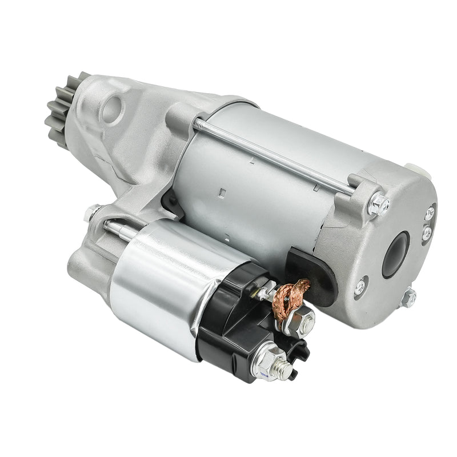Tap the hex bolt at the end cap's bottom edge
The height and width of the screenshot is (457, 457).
(408, 298)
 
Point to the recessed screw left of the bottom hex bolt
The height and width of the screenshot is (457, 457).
(360, 287)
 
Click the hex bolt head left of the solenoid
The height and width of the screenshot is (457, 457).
(91, 213)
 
